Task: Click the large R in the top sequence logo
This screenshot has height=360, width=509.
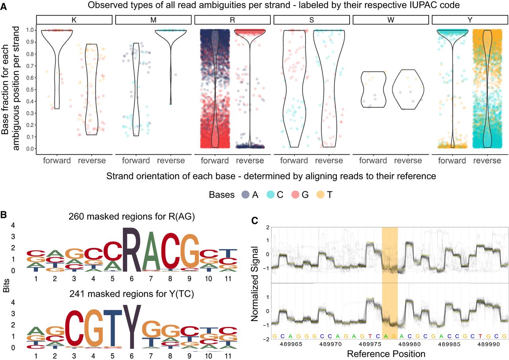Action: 131,249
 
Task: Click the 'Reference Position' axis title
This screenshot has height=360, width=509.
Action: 386,353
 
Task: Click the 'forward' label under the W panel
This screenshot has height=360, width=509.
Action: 373,161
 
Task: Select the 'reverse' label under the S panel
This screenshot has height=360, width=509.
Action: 329,161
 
